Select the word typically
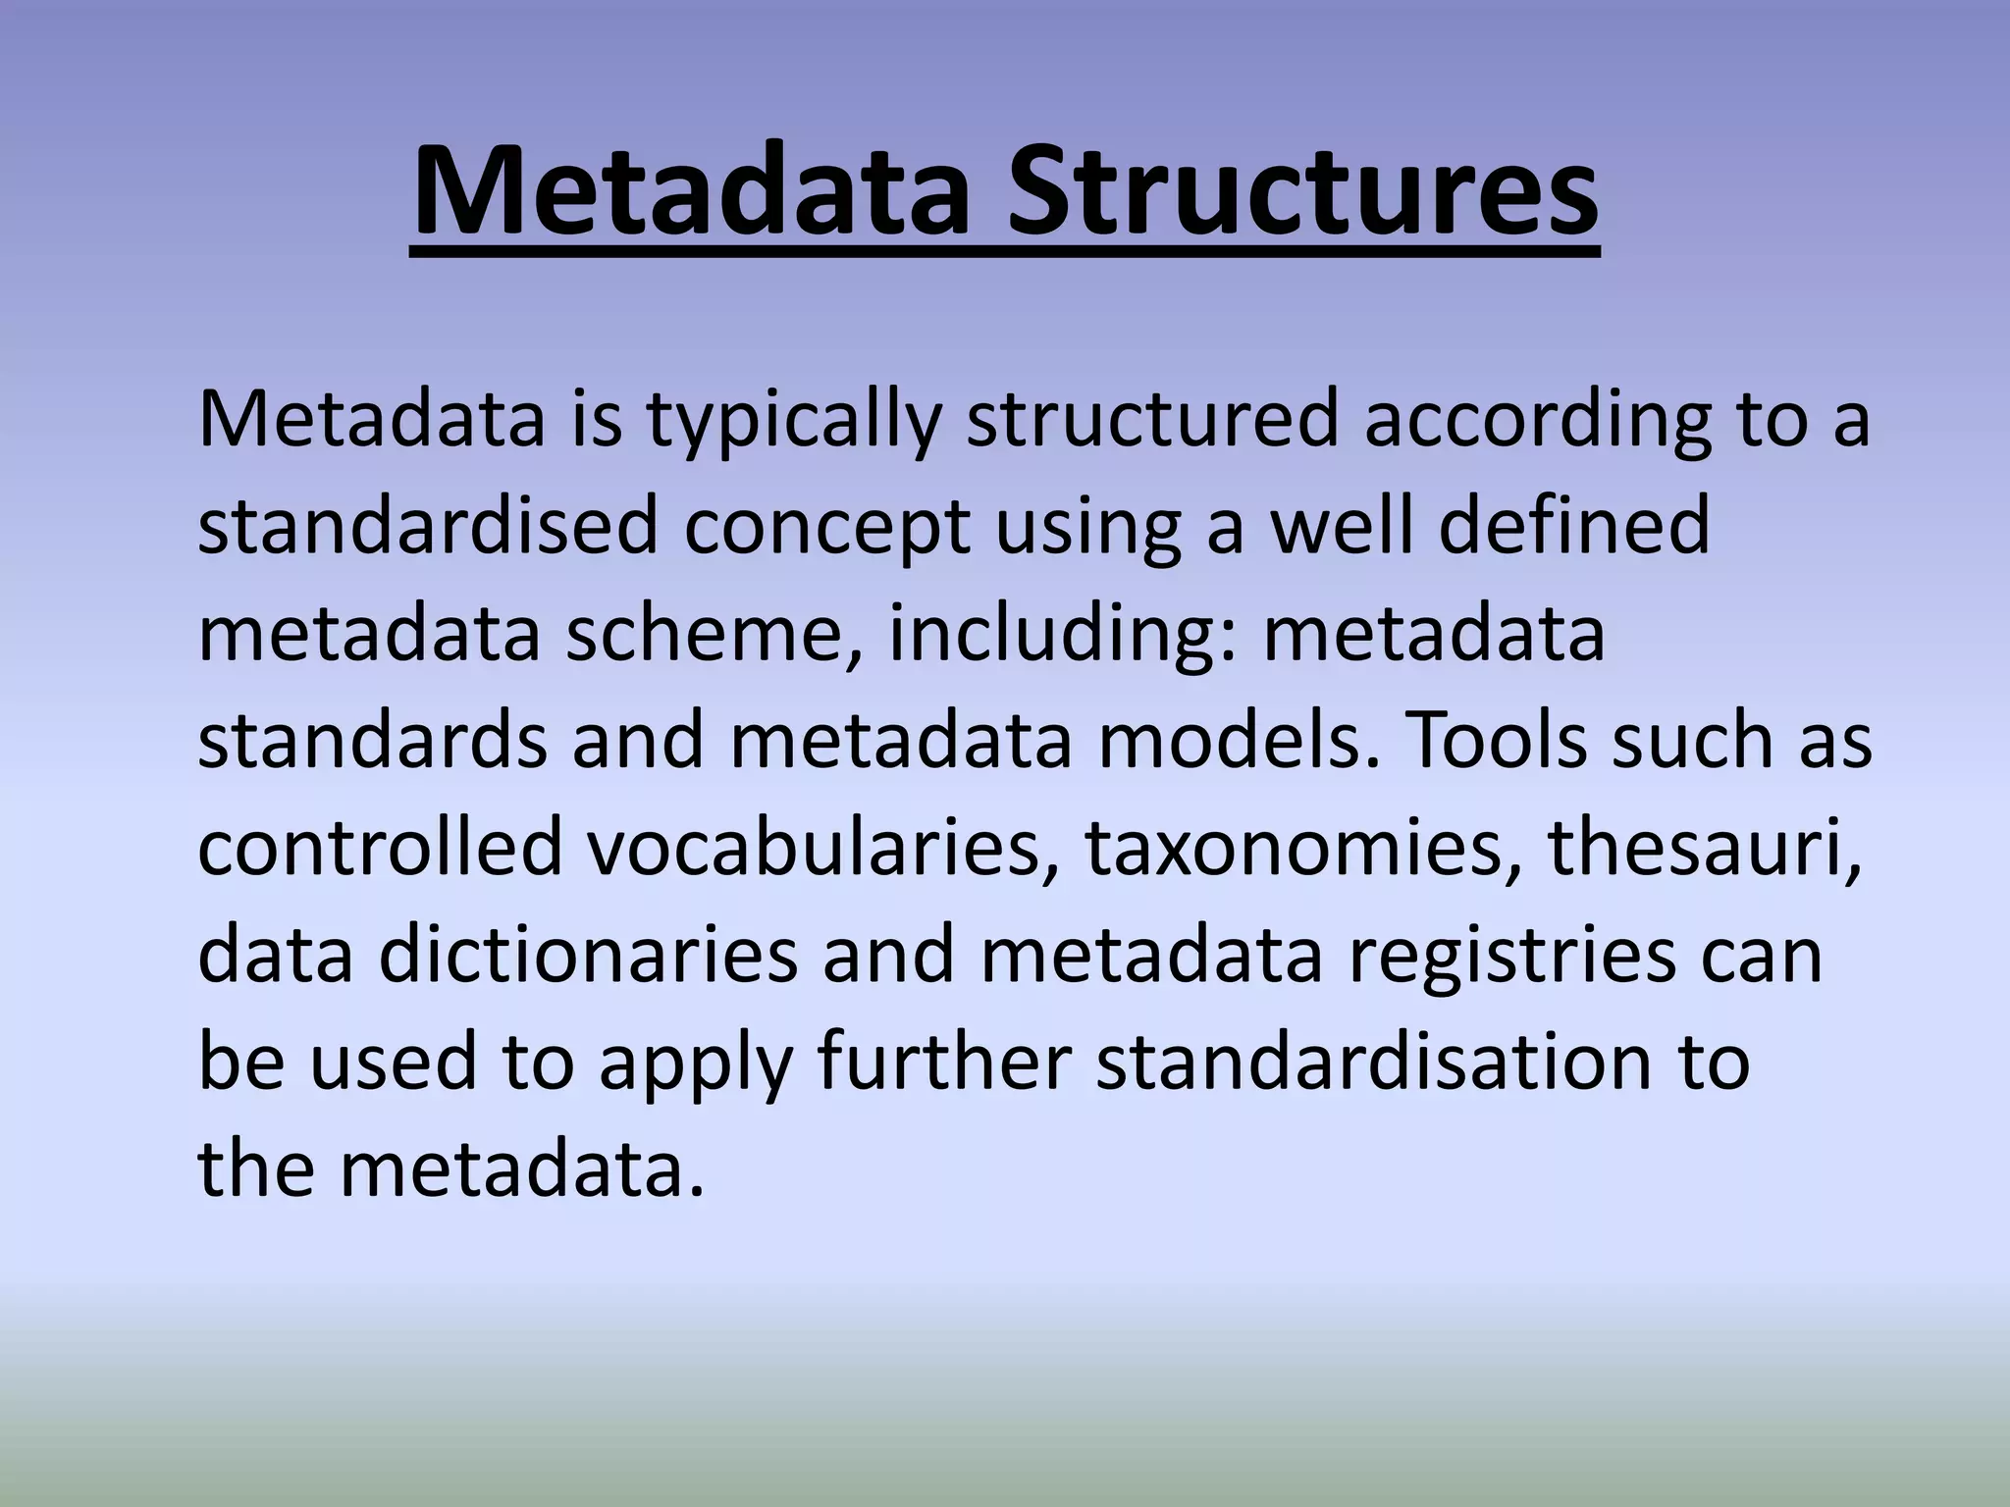point(794,421)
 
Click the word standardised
point(427,527)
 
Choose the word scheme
point(714,634)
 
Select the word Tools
point(1497,741)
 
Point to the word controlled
point(381,848)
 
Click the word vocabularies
point(824,848)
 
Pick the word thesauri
point(1704,848)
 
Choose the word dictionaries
point(588,955)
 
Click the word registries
point(1511,955)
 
